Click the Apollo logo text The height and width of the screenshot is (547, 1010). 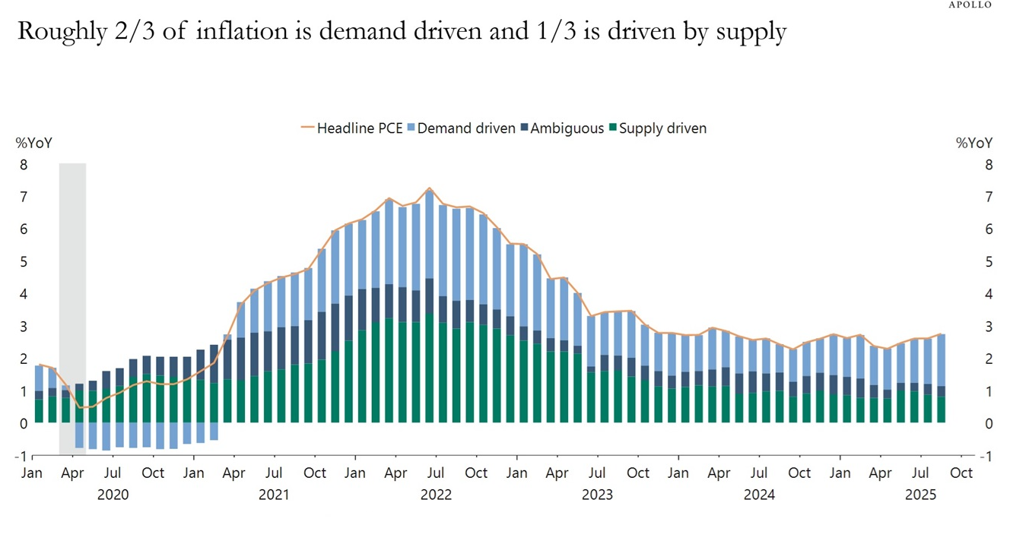coord(971,5)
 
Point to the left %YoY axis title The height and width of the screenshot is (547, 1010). coord(33,143)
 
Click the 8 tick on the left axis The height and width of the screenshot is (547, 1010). coord(24,165)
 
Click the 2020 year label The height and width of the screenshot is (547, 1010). coord(113,495)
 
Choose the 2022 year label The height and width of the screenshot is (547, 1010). coord(436,495)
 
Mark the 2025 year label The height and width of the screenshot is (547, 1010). coord(920,495)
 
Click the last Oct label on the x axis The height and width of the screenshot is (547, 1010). coord(961,473)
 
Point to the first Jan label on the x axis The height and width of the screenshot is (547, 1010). coord(32,473)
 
